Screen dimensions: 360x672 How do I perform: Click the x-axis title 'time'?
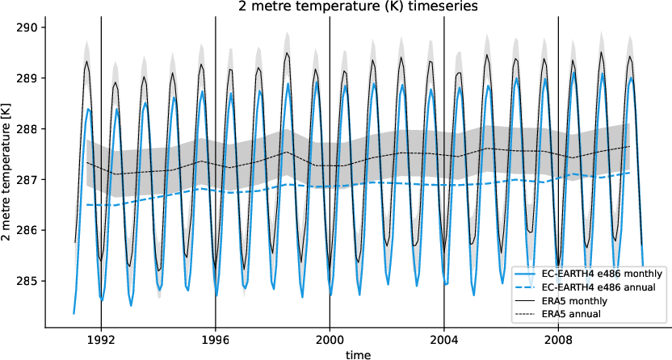pyautogui.click(x=356, y=353)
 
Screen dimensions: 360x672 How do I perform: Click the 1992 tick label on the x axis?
pyautogui.click(x=101, y=339)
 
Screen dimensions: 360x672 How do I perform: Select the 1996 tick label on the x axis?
pyautogui.click(x=216, y=339)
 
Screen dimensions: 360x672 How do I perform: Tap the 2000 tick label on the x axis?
pyautogui.click(x=330, y=339)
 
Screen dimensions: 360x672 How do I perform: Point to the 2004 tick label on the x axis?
pyautogui.click(x=444, y=339)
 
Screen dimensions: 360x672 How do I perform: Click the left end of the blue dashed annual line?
pyautogui.click(x=86, y=205)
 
